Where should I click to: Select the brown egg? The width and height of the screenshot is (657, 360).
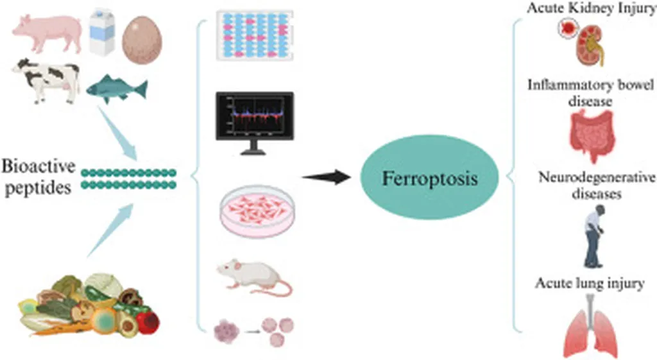tap(142, 40)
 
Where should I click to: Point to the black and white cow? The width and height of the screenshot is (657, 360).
tap(46, 80)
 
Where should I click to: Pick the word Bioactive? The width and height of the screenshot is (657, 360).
tap(38, 166)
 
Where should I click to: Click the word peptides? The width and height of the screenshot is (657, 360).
tap(38, 187)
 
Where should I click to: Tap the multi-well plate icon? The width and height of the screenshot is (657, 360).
tap(254, 35)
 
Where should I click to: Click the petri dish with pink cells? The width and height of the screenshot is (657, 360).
tap(257, 211)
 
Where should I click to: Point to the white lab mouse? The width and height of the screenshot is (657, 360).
tap(254, 276)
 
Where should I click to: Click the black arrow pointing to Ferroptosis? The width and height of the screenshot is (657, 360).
tap(327, 177)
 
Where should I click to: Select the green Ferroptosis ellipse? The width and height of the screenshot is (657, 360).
tap(430, 178)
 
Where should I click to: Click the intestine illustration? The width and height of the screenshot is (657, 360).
tap(591, 136)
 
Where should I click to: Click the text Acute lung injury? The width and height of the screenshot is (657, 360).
tap(590, 284)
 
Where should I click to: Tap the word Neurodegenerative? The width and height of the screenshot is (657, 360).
tap(597, 178)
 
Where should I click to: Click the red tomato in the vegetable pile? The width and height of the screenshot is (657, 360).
tap(148, 322)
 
